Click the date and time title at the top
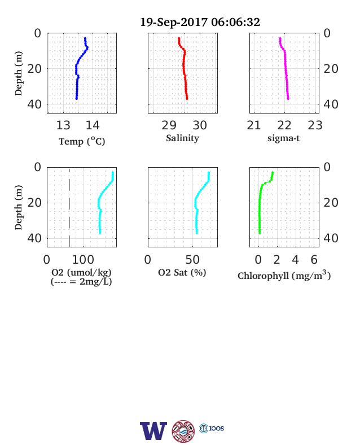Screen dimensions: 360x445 click(x=200, y=23)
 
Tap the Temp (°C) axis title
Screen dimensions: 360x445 click(x=82, y=141)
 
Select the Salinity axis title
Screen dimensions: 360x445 click(x=183, y=138)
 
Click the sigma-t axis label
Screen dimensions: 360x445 click(x=283, y=138)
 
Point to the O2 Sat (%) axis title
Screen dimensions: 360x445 click(x=182, y=272)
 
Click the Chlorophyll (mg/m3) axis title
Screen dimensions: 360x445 click(x=284, y=275)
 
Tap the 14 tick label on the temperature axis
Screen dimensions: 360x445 click(x=93, y=125)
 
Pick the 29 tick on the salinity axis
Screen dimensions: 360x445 click(x=169, y=125)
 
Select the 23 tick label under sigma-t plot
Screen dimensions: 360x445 click(x=315, y=125)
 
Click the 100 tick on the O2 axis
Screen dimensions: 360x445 click(x=83, y=260)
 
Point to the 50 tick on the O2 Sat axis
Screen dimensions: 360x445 click(x=192, y=260)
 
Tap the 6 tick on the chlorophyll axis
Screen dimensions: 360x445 click(x=314, y=260)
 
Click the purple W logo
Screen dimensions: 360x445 click(x=153, y=430)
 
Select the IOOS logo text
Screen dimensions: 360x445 click(x=216, y=428)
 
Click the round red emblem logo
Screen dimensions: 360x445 click(x=183, y=431)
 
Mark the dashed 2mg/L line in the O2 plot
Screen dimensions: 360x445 click(x=69, y=207)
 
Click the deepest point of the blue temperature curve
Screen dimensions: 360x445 click(x=77, y=98)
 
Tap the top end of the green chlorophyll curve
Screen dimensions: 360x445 click(x=273, y=172)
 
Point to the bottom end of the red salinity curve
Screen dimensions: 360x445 click(x=187, y=98)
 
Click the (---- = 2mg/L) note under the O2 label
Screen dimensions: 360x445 click(x=81, y=282)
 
